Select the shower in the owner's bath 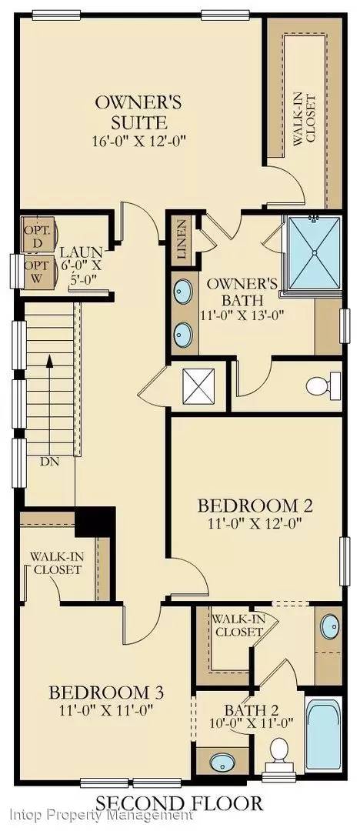(313, 253)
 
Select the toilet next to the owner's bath (324, 384)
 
